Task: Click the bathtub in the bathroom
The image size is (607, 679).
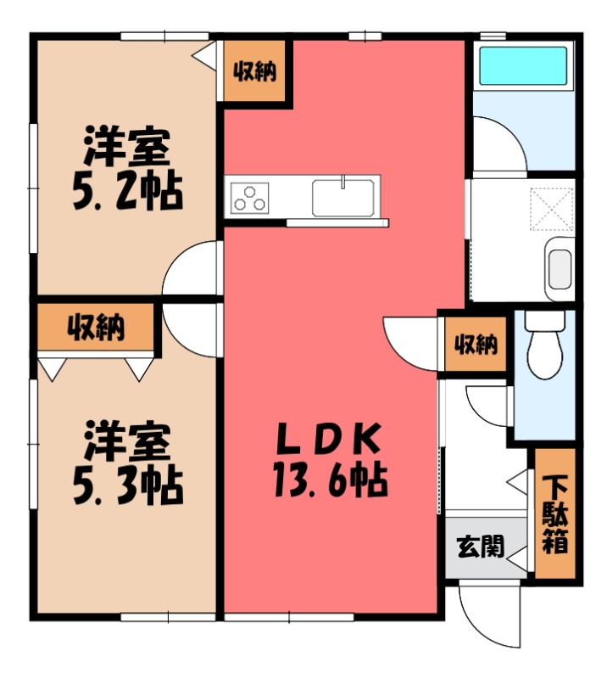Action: point(521,67)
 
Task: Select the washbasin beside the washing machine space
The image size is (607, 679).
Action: point(559,266)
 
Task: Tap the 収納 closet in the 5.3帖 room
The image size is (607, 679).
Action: point(96,326)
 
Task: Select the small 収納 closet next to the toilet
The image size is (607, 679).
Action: point(476,345)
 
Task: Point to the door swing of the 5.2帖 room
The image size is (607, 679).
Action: point(193,267)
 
